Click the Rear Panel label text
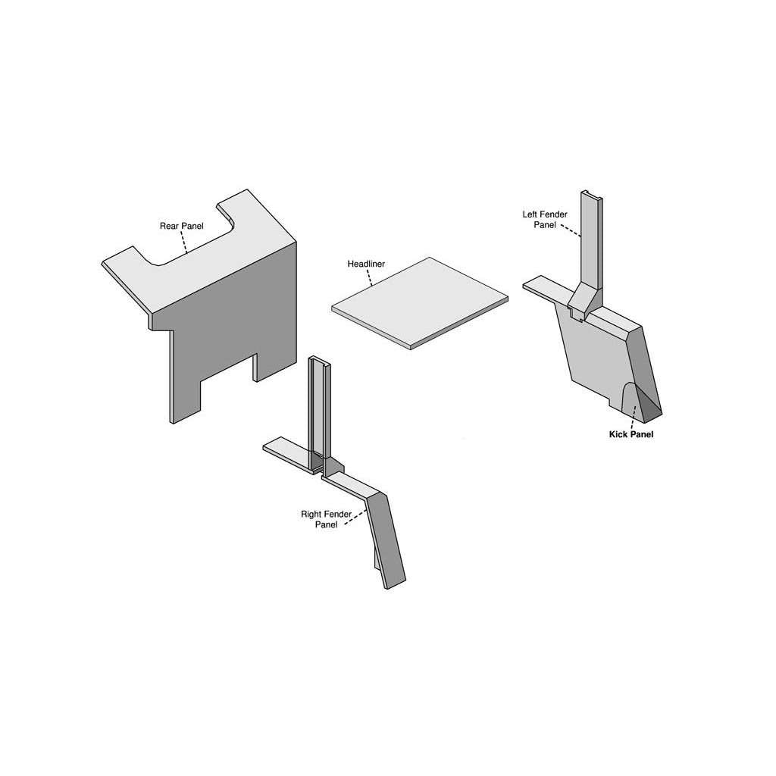[182, 226]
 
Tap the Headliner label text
[366, 264]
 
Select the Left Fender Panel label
[545, 220]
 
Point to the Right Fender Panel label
[326, 519]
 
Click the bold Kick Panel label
[631, 434]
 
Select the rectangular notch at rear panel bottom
[227, 369]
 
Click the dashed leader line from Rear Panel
[184, 242]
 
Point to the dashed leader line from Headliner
[370, 278]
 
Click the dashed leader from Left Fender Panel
[571, 232]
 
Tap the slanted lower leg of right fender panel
[386, 540]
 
